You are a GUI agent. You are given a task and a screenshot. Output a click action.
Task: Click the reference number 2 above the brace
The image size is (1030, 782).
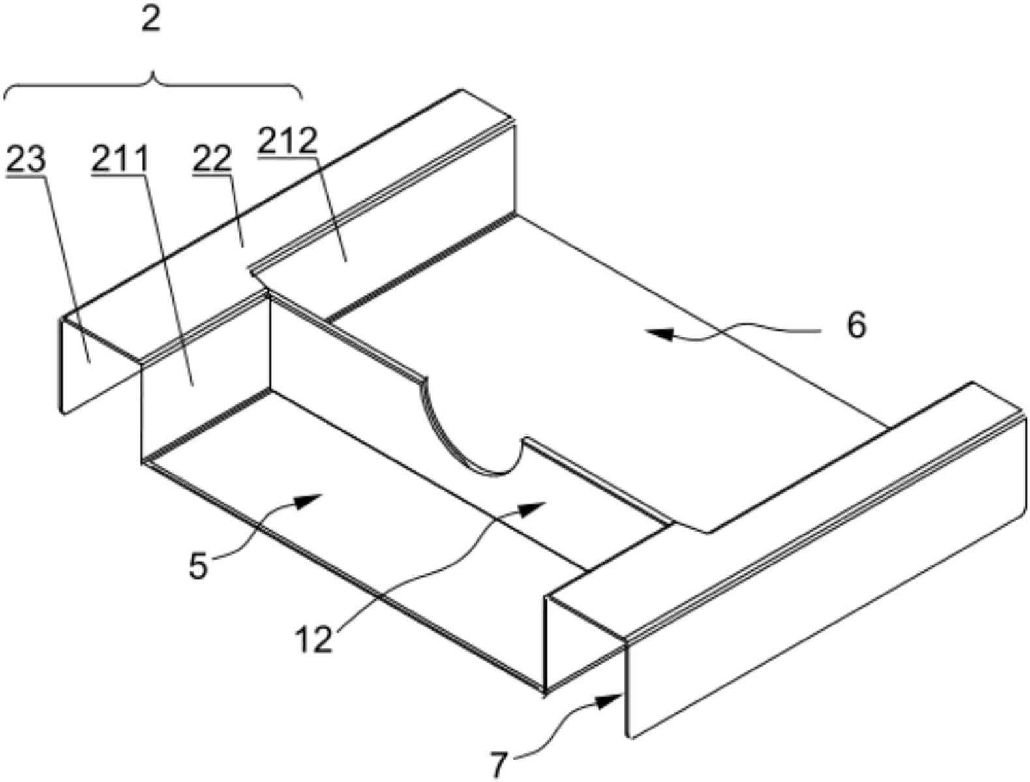click(x=151, y=19)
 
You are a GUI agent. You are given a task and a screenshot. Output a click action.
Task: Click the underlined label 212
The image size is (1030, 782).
click(x=287, y=142)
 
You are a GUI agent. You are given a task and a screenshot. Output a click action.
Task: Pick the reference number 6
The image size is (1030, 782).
click(x=855, y=326)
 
